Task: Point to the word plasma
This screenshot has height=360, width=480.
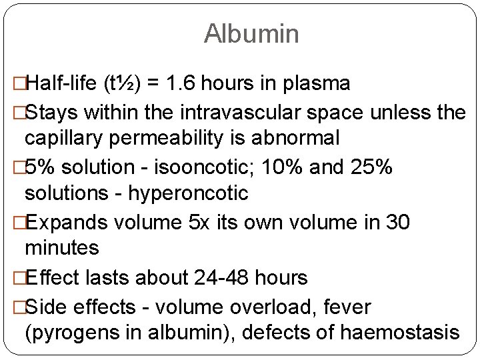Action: point(317,83)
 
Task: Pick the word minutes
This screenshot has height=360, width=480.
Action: point(61,249)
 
